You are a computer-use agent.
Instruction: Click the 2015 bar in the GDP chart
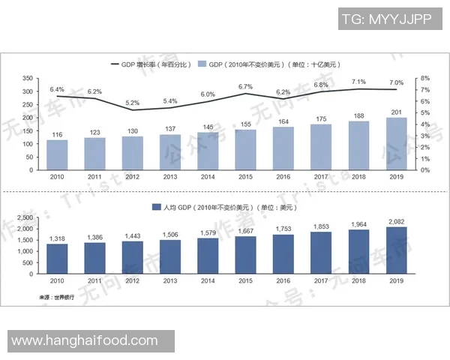click(x=246, y=149)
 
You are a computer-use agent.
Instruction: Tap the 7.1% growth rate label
click(x=358, y=82)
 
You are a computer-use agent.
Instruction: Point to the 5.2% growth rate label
click(x=133, y=102)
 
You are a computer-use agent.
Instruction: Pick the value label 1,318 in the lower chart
click(x=57, y=238)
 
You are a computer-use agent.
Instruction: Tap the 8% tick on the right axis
click(x=424, y=78)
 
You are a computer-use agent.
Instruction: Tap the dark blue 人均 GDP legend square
click(x=156, y=205)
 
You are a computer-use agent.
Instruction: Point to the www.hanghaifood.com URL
click(x=89, y=341)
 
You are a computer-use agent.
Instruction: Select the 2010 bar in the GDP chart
click(x=57, y=154)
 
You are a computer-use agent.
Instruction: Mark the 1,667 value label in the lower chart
click(x=246, y=232)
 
